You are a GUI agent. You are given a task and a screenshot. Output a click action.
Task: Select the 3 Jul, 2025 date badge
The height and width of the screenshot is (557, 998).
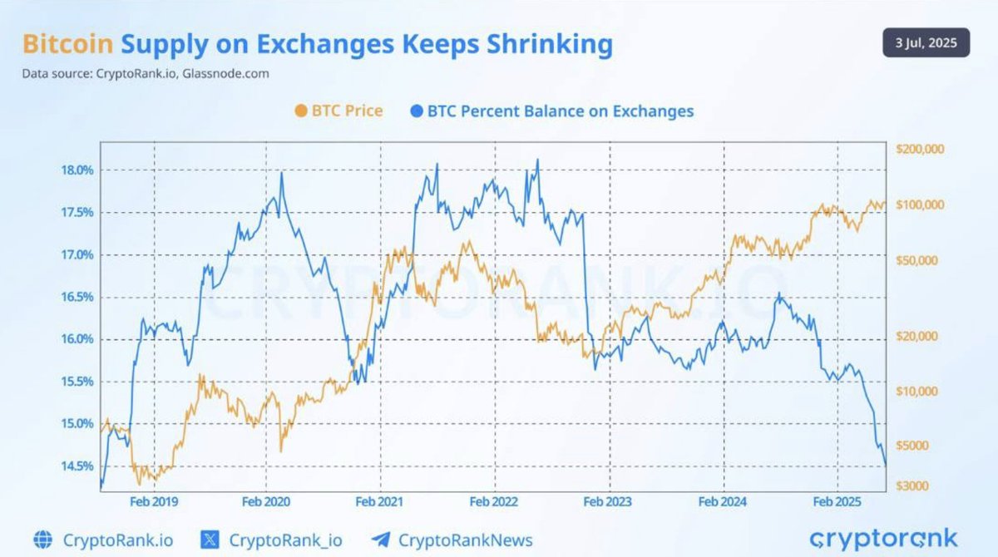pos(926,42)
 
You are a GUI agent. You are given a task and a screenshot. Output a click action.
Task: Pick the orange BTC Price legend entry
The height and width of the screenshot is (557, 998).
pos(338,111)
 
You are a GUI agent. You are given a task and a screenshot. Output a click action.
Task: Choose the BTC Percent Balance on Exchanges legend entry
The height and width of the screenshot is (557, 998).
pos(551,111)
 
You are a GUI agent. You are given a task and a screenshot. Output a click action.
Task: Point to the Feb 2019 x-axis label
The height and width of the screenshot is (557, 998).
pos(154,501)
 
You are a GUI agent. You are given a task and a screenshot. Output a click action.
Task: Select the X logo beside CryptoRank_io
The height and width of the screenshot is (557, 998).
pos(210,540)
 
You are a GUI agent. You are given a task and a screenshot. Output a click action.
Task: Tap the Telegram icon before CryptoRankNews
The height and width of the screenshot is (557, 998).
pos(382,540)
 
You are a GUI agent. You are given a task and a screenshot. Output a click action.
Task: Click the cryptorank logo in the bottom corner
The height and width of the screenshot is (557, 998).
pos(883,538)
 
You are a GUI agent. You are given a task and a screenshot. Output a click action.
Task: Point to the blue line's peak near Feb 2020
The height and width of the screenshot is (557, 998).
pos(282,173)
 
